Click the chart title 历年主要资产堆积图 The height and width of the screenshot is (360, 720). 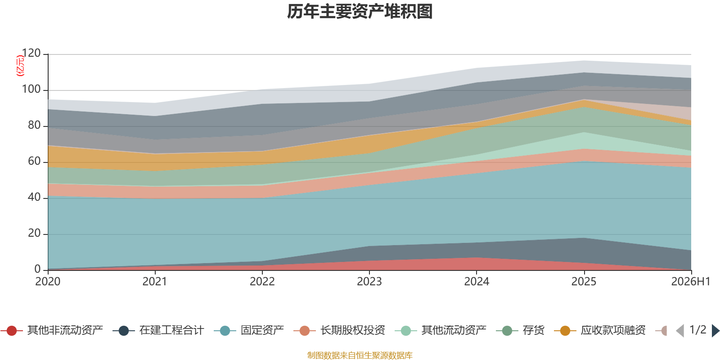360,12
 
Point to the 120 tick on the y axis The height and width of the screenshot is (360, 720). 31,53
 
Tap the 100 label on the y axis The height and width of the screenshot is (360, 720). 31,89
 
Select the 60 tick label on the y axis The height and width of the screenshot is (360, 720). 34,161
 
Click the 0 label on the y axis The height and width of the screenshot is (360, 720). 38,269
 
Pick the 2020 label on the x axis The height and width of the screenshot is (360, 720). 48,282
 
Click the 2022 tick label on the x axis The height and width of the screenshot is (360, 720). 262,282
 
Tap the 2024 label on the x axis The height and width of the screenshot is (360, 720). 477,282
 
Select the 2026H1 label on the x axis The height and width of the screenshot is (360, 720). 691,282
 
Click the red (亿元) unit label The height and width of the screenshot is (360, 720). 20,66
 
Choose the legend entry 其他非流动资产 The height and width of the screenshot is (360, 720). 52,330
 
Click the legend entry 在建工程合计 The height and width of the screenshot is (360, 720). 158,330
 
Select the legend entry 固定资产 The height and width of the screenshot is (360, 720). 249,330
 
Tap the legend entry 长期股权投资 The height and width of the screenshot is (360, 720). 339,330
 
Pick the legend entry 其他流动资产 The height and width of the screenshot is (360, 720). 441,330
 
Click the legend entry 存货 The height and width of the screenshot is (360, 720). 520,330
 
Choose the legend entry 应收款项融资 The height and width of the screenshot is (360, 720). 600,330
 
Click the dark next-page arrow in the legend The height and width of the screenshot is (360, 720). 715,330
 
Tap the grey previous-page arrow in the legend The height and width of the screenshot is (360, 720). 680,330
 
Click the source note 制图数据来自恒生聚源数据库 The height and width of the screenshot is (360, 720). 360,355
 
